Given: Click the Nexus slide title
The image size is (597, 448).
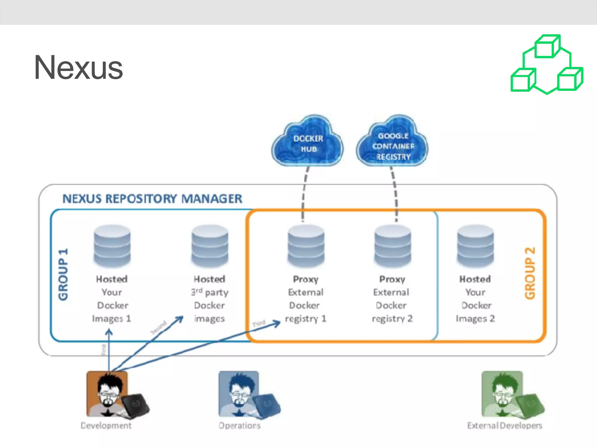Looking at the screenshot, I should point(78,68).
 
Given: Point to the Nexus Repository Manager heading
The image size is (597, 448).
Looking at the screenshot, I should point(152,199).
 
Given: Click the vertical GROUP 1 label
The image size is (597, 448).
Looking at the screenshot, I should point(63,274).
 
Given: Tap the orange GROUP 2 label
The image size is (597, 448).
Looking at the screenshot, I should point(530,273).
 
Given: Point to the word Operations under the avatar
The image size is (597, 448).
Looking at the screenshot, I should point(240,426).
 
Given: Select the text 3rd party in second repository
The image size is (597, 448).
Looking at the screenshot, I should point(210,292).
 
